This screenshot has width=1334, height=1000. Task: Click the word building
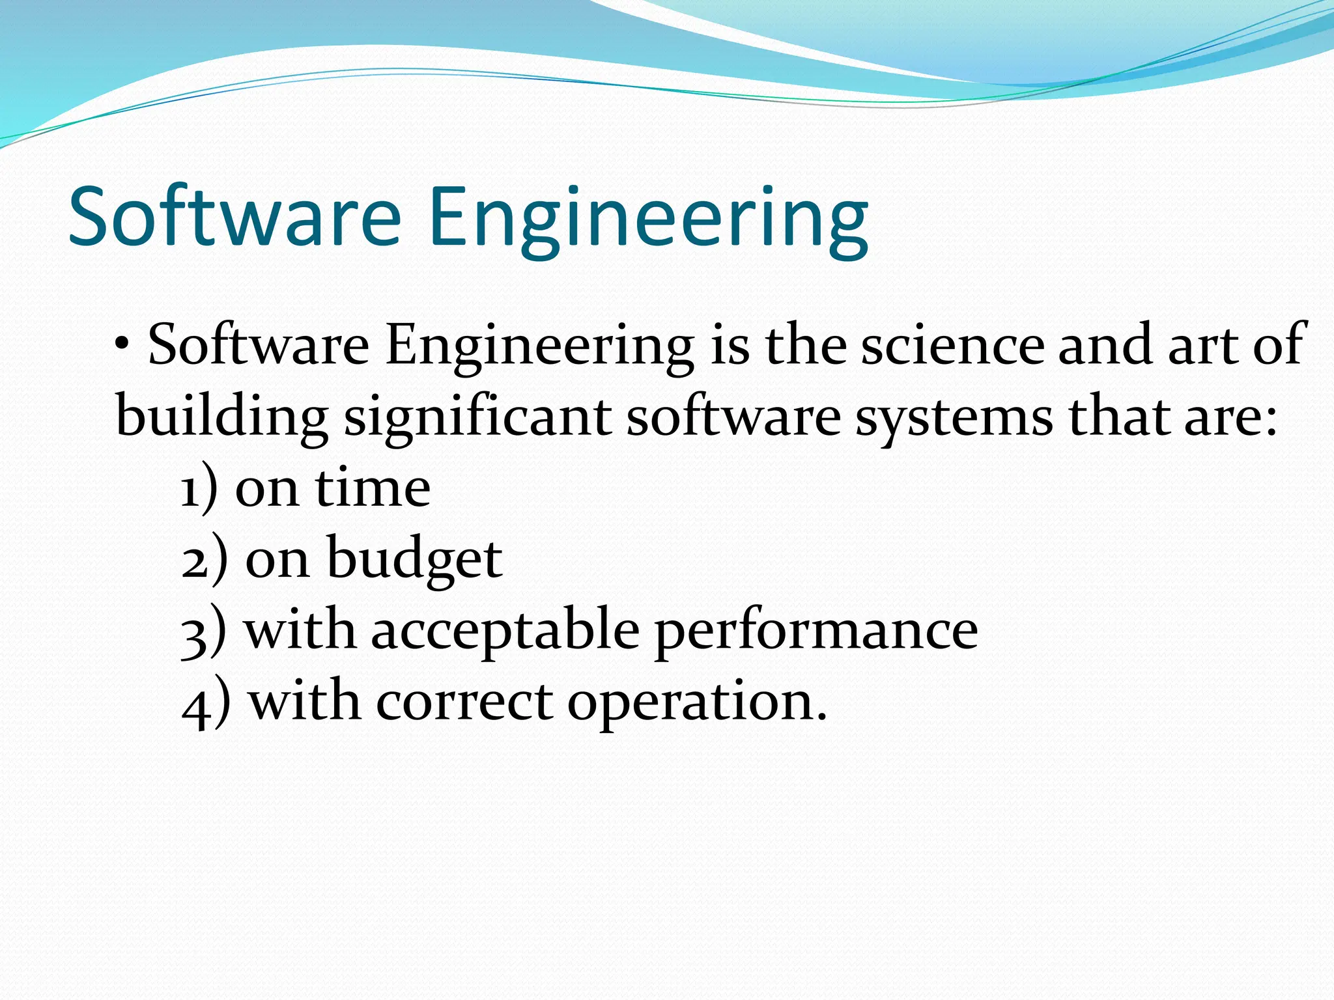click(221, 418)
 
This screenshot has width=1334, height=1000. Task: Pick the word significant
click(477, 418)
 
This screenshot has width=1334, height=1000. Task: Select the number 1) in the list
click(199, 490)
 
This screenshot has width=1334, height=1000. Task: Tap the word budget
click(414, 560)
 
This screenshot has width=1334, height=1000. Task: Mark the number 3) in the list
click(204, 632)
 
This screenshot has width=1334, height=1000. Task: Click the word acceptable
click(505, 632)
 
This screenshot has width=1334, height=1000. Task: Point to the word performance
click(816, 632)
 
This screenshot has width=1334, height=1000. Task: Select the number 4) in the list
click(206, 703)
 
